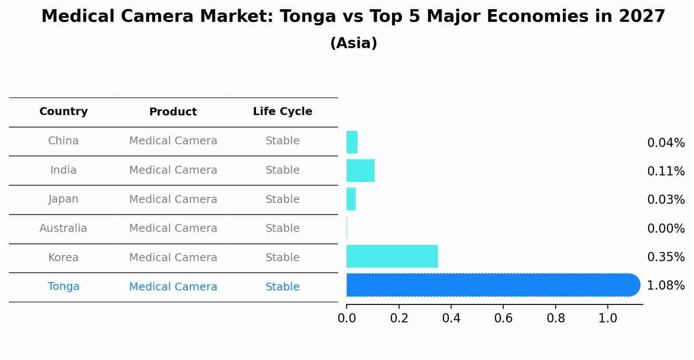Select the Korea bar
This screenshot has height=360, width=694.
pos(392,256)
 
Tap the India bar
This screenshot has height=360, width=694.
pos(361,171)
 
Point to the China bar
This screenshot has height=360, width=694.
pos(352,142)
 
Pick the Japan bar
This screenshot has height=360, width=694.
pos(351,199)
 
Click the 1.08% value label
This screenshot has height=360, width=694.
pos(666,286)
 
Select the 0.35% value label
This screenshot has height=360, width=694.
pos(666,257)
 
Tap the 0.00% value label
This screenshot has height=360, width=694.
pos(666,228)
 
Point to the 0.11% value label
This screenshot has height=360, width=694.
pos(666,171)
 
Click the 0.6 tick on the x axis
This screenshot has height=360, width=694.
pos(503,318)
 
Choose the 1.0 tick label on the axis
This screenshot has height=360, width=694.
pos(608,318)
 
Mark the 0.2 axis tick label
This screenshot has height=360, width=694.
pos(399,318)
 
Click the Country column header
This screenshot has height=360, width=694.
pos(63,112)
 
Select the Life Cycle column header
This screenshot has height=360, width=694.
pos(283,112)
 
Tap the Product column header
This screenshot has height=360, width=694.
pos(173,112)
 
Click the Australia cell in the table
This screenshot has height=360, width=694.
pos(63,228)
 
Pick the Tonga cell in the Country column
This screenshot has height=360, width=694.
pos(63,287)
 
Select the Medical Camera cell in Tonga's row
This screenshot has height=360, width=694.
pos(173,287)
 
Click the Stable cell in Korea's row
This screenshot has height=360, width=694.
pos(283,258)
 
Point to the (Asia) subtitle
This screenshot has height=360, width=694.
pos(354,43)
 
